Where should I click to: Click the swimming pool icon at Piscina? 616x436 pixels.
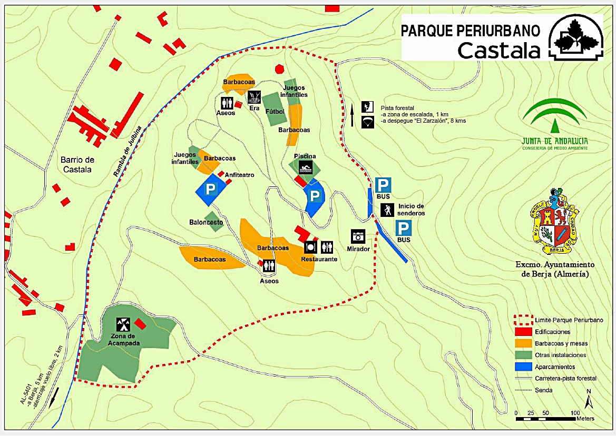[x=306, y=169]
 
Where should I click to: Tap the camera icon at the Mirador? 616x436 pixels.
[x=358, y=236]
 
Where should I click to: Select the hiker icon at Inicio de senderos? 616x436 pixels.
[x=387, y=210]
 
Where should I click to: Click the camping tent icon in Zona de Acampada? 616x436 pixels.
[x=123, y=323]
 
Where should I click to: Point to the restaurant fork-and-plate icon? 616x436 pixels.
[x=311, y=246]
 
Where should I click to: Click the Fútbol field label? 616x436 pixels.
[x=275, y=112]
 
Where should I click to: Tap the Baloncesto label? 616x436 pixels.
[x=206, y=223]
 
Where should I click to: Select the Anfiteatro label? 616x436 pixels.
[x=240, y=175]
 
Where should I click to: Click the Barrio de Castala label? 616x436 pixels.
[x=77, y=164]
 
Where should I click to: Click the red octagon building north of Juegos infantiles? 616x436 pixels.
[x=279, y=68]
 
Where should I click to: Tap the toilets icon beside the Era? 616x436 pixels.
[x=228, y=102]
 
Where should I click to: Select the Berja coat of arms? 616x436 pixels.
[x=554, y=222]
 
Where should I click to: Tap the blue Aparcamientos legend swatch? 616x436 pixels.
[x=522, y=366]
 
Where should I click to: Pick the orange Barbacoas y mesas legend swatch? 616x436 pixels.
[x=522, y=343]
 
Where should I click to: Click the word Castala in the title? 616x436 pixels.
[x=498, y=51]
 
